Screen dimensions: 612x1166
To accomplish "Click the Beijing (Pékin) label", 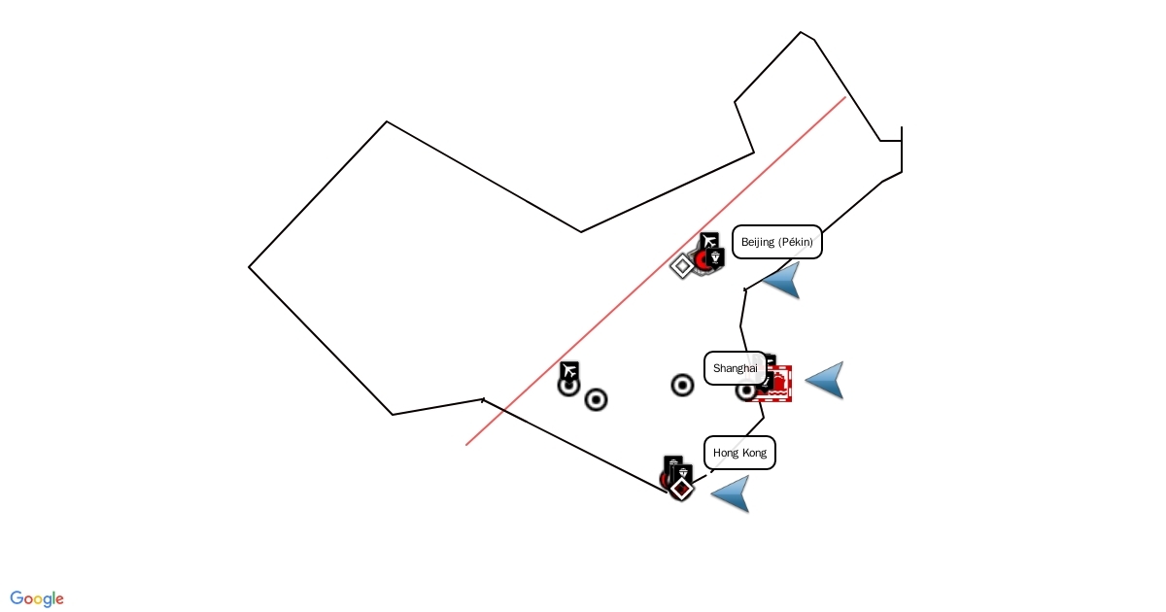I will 776,242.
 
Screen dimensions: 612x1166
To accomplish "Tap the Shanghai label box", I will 735,368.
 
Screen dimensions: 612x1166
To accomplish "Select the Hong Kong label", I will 739,453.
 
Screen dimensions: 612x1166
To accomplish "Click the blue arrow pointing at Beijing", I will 784,280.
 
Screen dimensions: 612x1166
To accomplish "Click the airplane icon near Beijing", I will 709,241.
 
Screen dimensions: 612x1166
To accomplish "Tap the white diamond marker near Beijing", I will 683,265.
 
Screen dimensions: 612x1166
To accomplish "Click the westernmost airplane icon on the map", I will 569,370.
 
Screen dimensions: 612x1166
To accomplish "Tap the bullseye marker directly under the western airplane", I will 568,386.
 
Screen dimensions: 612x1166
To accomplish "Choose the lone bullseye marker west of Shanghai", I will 682,386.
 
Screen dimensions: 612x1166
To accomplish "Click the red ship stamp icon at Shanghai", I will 777,383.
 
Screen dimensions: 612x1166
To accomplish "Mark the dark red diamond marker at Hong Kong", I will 682,488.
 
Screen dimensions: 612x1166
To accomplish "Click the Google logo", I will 37,598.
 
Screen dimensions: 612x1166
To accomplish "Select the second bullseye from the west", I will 596,399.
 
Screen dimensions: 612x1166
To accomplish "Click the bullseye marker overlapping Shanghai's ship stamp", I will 746,391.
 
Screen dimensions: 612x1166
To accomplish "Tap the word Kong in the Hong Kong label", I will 753,453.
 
